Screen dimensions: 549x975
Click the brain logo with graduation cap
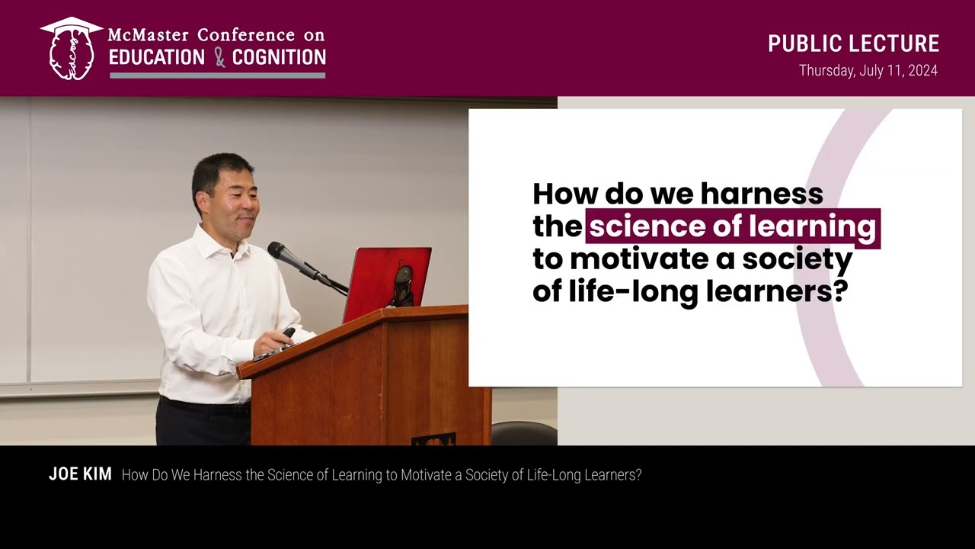click(71, 50)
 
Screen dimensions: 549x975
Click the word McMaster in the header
click(149, 35)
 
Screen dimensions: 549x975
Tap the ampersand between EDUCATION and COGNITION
click(219, 57)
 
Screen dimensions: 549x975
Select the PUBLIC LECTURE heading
click(853, 43)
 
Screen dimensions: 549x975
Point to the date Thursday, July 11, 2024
click(868, 71)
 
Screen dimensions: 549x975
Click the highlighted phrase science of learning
click(732, 226)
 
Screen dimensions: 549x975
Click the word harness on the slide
click(762, 194)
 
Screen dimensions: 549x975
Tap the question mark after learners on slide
click(840, 292)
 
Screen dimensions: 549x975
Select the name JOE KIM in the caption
click(80, 474)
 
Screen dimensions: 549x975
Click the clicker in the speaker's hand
click(287, 333)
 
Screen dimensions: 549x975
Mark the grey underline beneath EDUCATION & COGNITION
click(217, 75)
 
